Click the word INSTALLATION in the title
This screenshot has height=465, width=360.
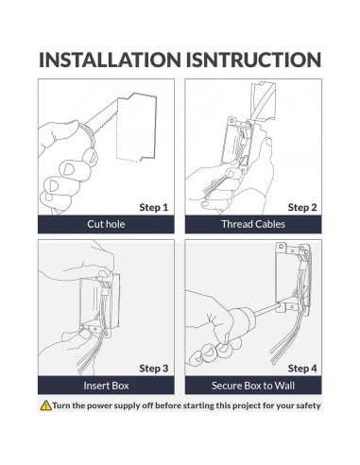click(110, 60)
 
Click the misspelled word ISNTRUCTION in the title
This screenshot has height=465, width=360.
click(253, 60)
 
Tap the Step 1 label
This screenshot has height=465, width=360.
click(154, 207)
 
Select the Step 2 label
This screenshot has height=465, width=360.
click(302, 207)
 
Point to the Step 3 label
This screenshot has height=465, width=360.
click(154, 369)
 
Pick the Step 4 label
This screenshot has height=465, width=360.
click(302, 369)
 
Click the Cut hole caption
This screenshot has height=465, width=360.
click(106, 224)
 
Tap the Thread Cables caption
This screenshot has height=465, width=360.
click(253, 224)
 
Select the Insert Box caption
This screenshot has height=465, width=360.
click(106, 386)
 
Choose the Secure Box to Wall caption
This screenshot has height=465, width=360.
click(253, 386)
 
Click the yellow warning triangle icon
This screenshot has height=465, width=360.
click(46, 405)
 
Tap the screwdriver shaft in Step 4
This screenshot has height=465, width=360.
click(267, 309)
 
